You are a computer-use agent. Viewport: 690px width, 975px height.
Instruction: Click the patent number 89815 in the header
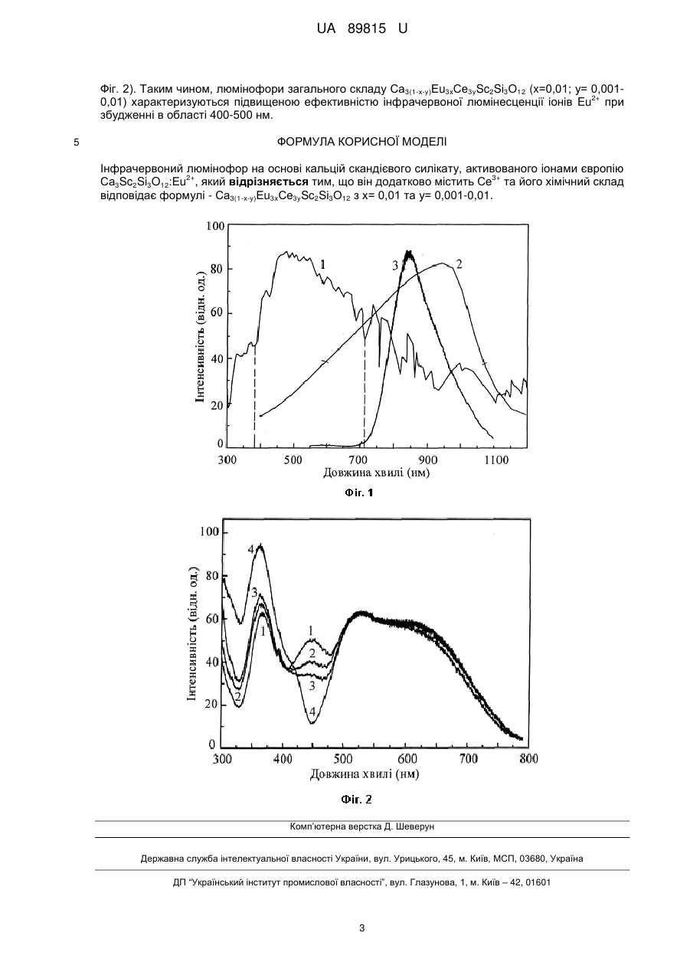(367, 29)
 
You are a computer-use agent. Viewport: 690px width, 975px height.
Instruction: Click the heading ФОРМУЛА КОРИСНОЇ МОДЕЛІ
(361, 142)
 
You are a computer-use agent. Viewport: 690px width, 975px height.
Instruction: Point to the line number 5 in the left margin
(77, 142)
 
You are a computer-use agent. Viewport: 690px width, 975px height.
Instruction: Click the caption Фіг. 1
(359, 492)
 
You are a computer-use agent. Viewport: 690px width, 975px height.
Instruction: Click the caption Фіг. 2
(357, 799)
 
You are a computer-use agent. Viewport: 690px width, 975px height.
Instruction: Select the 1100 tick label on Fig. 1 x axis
(496, 460)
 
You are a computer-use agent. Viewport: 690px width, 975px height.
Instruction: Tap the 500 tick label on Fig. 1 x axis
(293, 460)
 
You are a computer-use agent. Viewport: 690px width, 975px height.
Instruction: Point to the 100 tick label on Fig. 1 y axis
(215, 226)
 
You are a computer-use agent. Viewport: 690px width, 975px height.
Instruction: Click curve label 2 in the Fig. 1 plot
(459, 263)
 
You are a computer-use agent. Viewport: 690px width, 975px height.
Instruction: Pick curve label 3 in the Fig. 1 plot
(395, 266)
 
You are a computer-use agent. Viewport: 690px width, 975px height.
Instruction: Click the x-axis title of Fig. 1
(376, 473)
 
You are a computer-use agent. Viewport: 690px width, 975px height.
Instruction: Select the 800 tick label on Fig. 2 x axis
(528, 759)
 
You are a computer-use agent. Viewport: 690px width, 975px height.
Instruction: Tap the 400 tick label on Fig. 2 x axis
(283, 759)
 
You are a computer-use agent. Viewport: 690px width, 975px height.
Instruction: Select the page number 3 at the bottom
(361, 928)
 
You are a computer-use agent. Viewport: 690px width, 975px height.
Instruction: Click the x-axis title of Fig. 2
(365, 774)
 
